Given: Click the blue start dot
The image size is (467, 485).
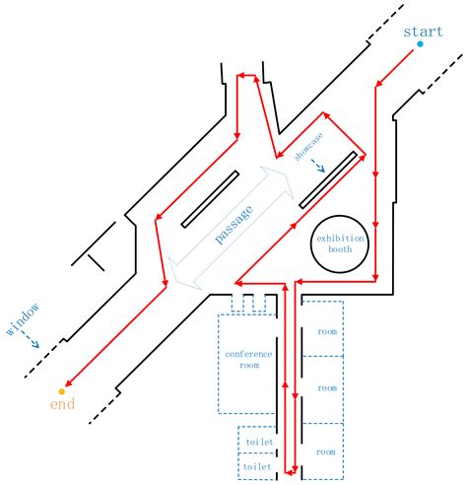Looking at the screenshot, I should [x=420, y=44].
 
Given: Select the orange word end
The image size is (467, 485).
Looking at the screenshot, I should [x=62, y=404].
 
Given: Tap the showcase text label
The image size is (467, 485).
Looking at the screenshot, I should [x=314, y=146].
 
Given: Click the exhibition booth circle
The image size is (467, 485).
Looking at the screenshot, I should [x=340, y=243].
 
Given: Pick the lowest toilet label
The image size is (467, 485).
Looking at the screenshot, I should [x=257, y=464].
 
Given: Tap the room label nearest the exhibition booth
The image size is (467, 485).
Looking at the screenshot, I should [x=326, y=331].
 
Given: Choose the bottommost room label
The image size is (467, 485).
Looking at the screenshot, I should [x=326, y=451].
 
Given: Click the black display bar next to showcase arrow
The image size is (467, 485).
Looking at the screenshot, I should [x=328, y=180].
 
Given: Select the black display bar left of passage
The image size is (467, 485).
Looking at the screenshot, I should [x=208, y=198].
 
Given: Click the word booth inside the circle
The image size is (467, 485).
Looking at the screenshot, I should [x=340, y=249].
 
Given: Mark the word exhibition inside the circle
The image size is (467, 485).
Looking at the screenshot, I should [x=340, y=238].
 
